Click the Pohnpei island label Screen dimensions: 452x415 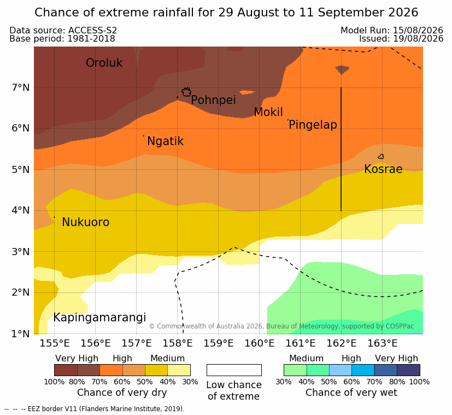(x=213, y=100)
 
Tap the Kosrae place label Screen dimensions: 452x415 (x=383, y=169)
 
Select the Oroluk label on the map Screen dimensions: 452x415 (x=104, y=63)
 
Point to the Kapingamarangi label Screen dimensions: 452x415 (x=99, y=318)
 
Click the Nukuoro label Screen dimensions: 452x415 (x=86, y=222)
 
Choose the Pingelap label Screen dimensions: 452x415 (x=313, y=125)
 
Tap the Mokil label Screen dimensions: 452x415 (x=268, y=112)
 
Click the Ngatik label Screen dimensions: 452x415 (x=165, y=141)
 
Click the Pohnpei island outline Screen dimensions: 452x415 (x=186, y=92)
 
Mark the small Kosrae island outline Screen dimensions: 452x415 (x=381, y=157)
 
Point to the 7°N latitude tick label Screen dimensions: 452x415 (x=21, y=88)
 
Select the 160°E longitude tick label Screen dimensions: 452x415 (x=260, y=343)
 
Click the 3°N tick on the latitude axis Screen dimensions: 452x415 (x=21, y=252)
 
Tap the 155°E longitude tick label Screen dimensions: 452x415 (x=55, y=343)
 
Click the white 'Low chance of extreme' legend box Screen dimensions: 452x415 (x=234, y=370)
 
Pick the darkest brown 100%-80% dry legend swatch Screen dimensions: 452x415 (x=66, y=370)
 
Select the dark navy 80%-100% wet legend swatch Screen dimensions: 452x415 (x=408, y=370)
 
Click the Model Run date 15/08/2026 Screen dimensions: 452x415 (x=418, y=30)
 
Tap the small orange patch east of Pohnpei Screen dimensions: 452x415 (x=247, y=93)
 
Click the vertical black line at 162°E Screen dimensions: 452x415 (x=341, y=149)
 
